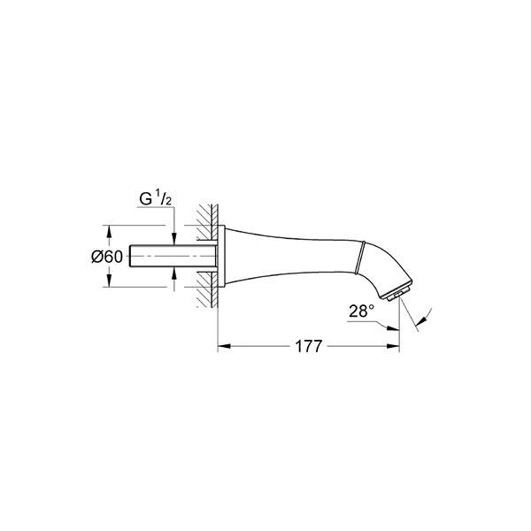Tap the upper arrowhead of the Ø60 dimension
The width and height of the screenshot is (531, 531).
tap(109, 230)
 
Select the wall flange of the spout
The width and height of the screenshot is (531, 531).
tap(225, 256)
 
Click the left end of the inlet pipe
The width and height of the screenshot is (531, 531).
tap(131, 256)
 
